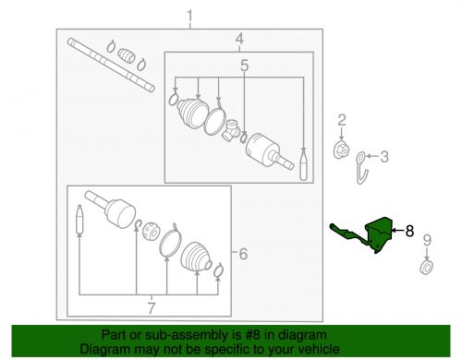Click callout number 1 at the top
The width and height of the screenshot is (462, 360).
tap(190, 16)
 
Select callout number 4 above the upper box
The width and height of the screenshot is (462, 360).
tap(239, 39)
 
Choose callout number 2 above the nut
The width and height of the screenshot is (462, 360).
tap(341, 120)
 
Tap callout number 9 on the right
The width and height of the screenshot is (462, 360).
tap(426, 241)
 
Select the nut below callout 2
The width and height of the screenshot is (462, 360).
tap(341, 150)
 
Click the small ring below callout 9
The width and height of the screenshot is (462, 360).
tap(426, 269)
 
